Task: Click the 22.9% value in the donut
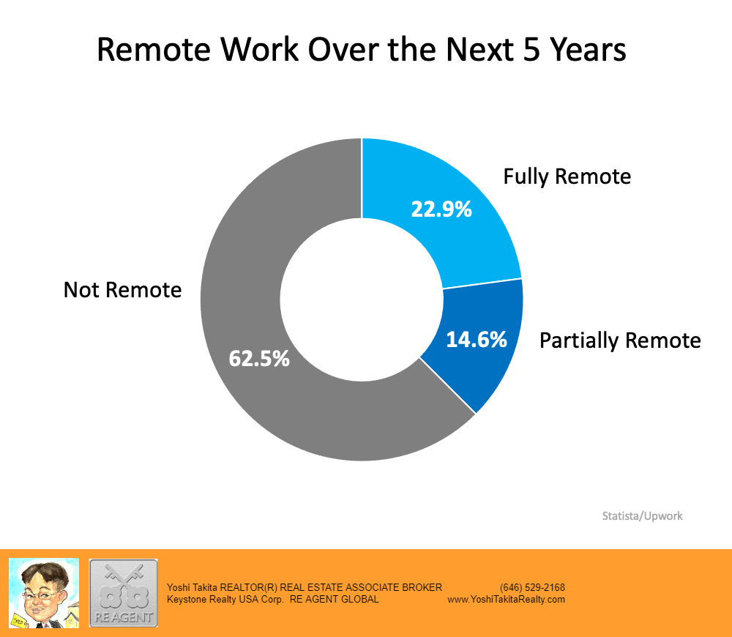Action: click(x=441, y=209)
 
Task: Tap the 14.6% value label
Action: click(x=477, y=340)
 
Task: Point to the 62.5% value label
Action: click(x=259, y=359)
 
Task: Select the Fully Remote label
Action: click(x=567, y=177)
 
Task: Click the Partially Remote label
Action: click(x=620, y=340)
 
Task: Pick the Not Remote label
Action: click(x=122, y=290)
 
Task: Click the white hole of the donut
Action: click(x=362, y=299)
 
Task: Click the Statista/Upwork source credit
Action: click(x=642, y=516)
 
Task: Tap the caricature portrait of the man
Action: click(x=44, y=593)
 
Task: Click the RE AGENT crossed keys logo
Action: click(x=123, y=593)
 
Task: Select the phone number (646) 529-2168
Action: click(x=532, y=587)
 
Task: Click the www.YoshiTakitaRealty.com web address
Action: click(x=506, y=600)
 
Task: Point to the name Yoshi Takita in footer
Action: click(x=192, y=587)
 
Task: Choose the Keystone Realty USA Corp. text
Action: click(x=225, y=600)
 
